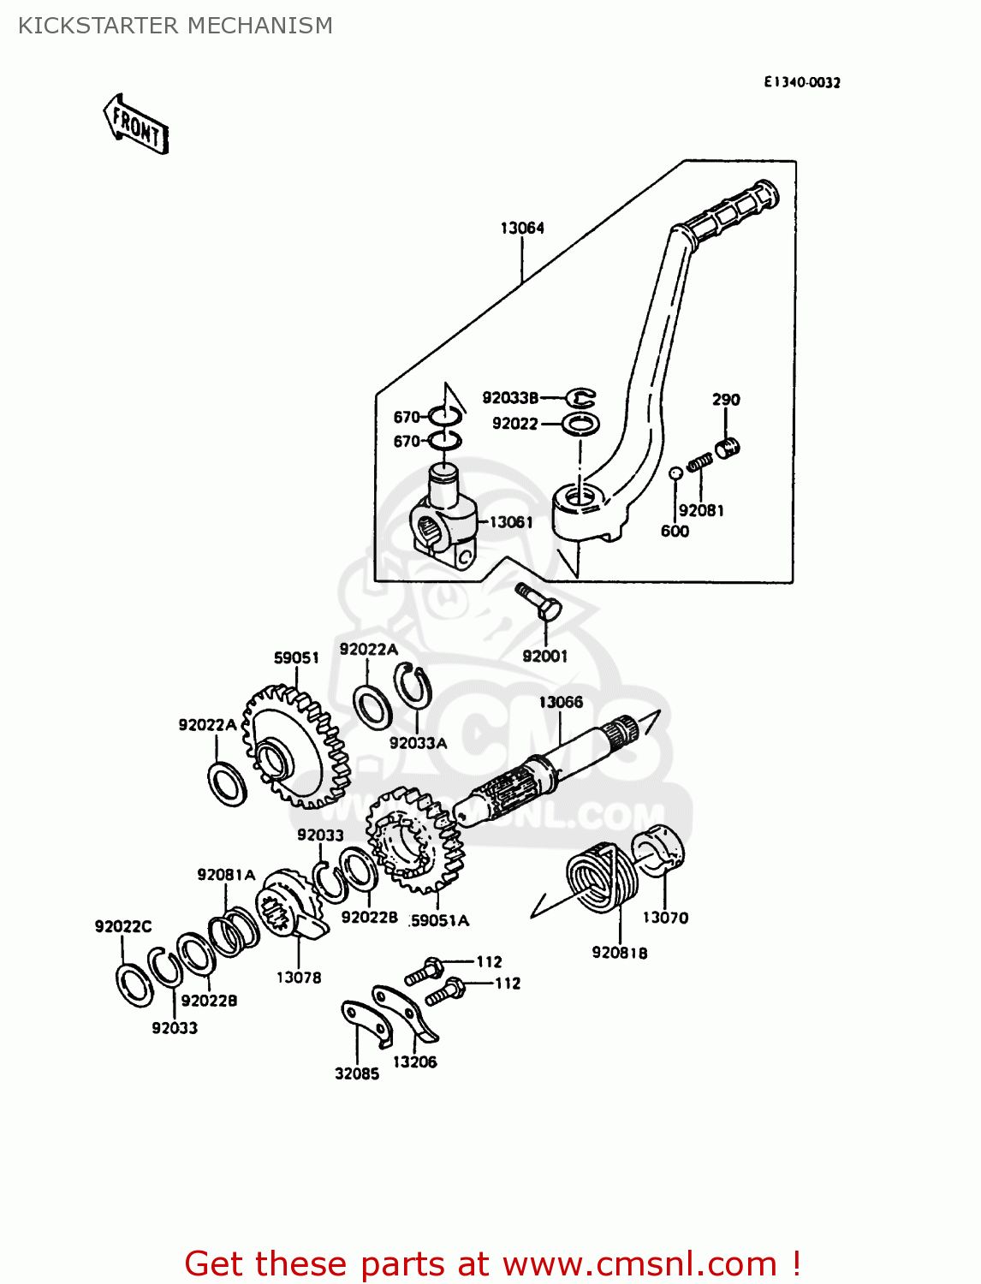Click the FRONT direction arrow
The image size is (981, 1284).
[136, 125]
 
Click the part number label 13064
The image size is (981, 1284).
[522, 228]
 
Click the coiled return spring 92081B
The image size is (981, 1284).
[603, 878]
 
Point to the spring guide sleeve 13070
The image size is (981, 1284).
[659, 849]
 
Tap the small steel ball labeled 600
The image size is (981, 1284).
[675, 473]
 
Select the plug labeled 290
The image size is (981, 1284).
[728, 447]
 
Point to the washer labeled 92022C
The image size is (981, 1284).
[134, 984]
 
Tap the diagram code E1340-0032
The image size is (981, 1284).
[802, 82]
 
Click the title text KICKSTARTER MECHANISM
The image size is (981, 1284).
[175, 26]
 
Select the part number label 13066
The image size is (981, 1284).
[561, 702]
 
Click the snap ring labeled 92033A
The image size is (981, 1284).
[413, 685]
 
